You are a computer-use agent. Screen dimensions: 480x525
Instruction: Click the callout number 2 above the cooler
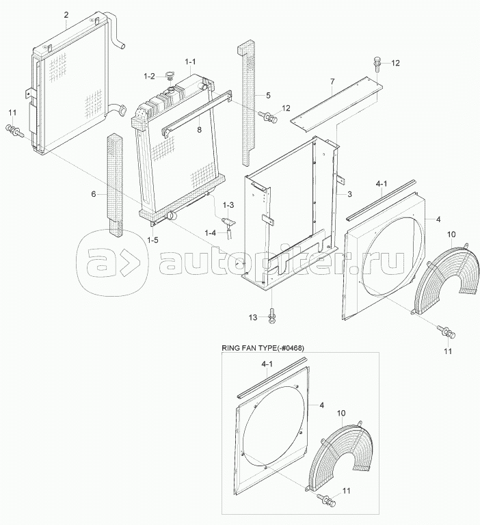66,15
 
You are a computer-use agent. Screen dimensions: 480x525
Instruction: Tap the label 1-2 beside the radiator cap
149,77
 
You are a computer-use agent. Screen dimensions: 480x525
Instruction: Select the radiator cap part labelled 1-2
170,75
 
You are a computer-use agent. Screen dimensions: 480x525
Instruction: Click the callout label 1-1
190,62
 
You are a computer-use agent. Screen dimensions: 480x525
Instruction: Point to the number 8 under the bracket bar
199,130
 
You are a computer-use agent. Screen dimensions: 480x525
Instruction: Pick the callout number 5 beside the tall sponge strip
268,96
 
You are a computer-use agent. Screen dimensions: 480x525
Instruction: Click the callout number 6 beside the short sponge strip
94,194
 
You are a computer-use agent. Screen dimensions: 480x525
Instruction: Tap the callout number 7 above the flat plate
332,81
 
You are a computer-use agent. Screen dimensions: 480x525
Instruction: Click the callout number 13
253,317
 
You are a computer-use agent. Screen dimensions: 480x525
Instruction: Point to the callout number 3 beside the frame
349,194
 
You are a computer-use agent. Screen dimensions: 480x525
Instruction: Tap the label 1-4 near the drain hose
211,232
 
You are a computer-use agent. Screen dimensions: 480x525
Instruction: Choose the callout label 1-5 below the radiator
152,240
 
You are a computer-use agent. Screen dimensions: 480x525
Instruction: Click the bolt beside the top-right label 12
376,64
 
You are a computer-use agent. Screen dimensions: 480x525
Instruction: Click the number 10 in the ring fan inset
341,413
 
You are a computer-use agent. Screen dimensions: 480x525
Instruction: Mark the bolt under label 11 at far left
14,131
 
